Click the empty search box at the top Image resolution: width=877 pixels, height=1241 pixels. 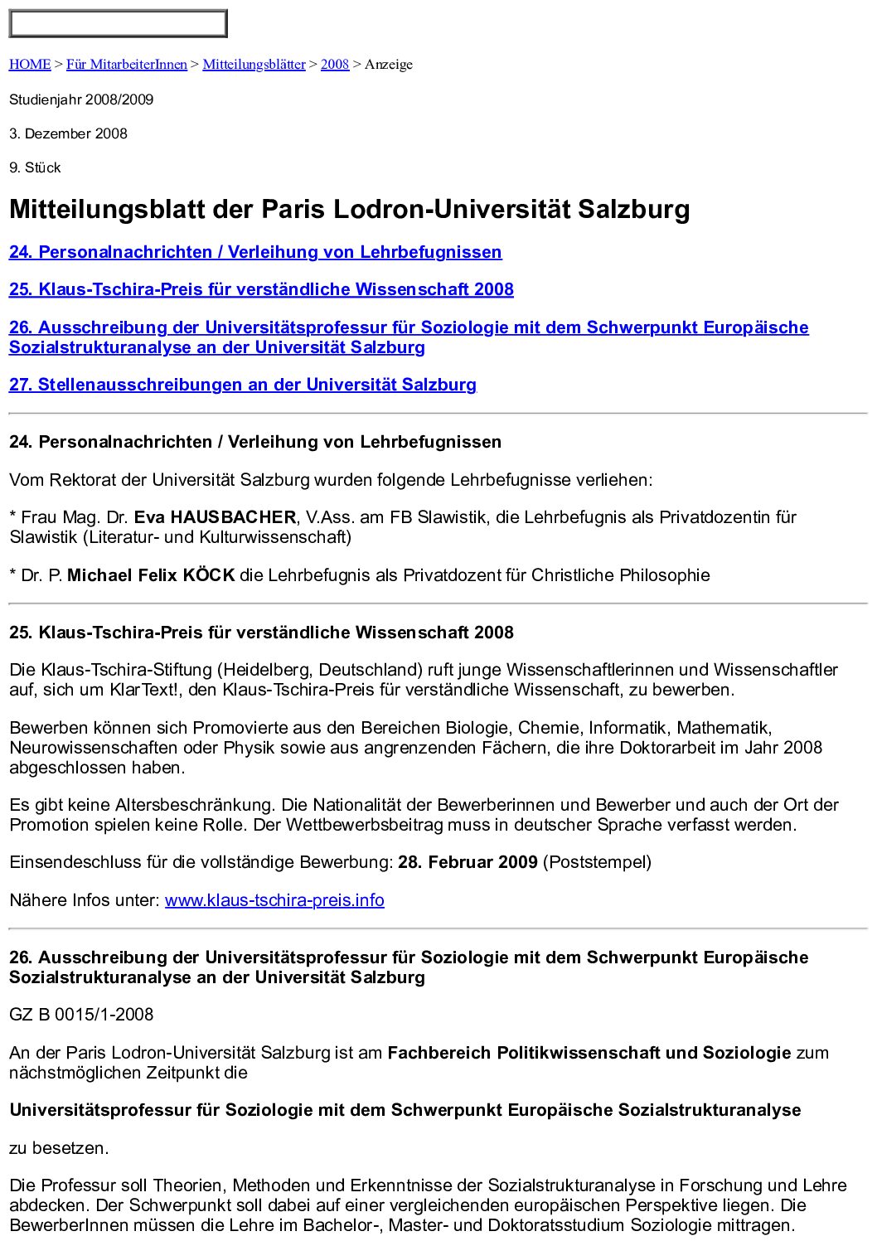118,24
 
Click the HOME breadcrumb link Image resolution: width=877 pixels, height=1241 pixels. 30,65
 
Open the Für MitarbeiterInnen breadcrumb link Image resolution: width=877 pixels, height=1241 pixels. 127,65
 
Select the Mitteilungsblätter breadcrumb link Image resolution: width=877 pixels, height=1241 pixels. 254,65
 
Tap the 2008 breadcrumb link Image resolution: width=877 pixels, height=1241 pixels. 335,65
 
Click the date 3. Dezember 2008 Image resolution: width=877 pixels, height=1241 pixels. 68,133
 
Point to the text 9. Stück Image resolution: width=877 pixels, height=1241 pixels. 35,167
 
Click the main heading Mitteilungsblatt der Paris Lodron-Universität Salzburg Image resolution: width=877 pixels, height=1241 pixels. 349,209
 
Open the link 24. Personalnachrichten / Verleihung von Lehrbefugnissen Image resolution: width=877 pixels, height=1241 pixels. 255,252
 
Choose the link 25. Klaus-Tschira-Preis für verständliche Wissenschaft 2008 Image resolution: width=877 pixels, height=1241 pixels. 261,289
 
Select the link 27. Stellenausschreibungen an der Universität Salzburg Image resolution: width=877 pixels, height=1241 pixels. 243,385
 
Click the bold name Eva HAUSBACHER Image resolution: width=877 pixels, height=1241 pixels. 215,517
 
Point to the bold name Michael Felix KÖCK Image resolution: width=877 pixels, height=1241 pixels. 151,575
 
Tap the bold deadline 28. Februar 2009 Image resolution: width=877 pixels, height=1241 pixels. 468,862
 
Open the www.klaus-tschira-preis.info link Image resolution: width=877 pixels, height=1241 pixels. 274,900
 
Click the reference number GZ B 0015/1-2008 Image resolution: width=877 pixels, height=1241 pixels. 81,1015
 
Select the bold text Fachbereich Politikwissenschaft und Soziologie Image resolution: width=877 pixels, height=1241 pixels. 589,1053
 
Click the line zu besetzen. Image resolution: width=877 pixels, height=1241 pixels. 59,1148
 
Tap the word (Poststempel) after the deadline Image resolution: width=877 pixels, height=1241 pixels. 597,862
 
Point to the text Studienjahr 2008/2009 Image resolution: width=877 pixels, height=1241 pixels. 81,99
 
